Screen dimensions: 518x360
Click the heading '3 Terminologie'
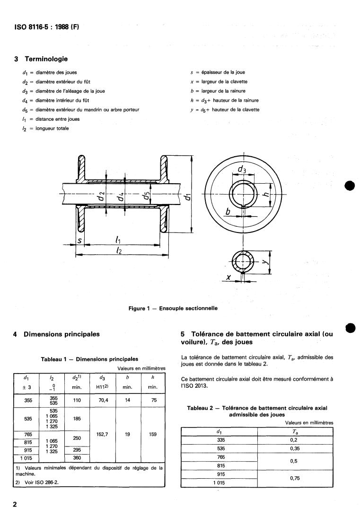pos(41,59)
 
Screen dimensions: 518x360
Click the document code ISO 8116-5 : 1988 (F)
pos(47,27)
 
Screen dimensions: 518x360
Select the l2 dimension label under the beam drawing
pos(118,251)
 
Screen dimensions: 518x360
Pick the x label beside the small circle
pos(228,278)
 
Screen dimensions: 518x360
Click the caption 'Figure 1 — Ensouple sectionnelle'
pos(173,308)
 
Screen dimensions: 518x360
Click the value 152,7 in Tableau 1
pos(103,434)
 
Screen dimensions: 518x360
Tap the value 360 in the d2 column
pos(77,458)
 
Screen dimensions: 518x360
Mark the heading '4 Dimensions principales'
pos(57,334)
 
